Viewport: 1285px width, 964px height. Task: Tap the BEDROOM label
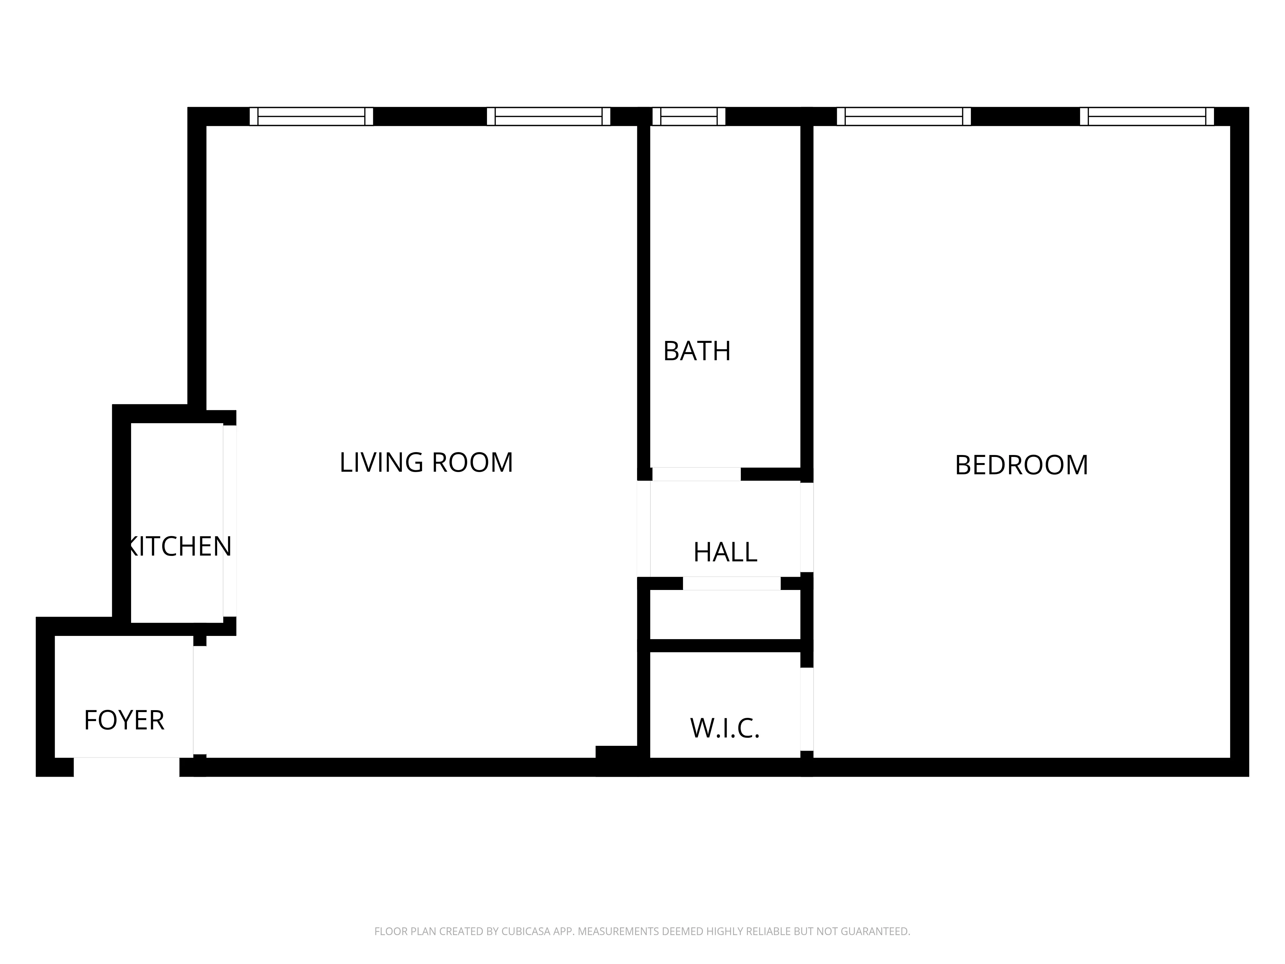(x=1021, y=465)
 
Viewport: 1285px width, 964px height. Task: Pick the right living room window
(x=548, y=116)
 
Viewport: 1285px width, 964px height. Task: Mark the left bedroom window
(x=903, y=116)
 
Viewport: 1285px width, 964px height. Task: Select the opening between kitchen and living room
(x=229, y=521)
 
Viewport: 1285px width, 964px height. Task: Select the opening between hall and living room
(x=644, y=529)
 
